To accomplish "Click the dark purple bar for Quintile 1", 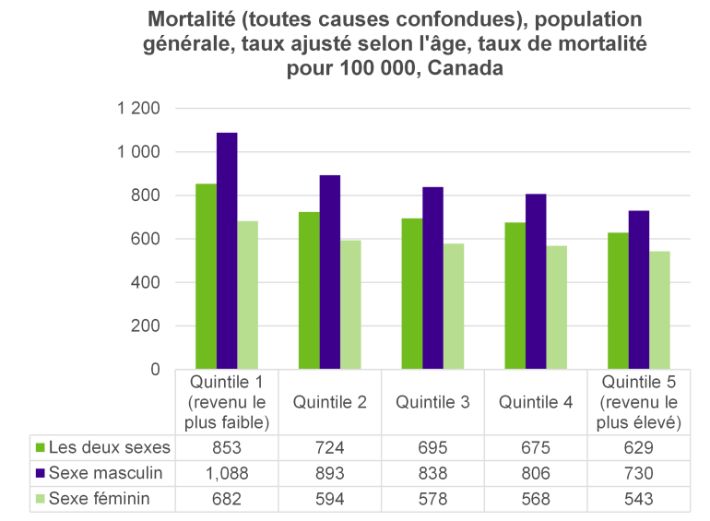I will [x=227, y=251].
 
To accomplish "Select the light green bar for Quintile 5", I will [x=659, y=310].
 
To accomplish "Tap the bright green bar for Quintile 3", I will [x=411, y=293].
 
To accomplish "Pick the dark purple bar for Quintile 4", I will [x=536, y=281].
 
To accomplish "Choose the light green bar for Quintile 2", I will [x=350, y=304].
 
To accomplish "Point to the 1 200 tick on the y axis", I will [x=139, y=109].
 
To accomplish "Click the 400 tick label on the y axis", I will [x=146, y=282].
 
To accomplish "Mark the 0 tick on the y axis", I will [x=155, y=370].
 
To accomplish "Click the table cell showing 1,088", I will [x=227, y=474].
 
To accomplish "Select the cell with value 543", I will [x=639, y=499].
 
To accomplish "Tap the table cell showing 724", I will [x=330, y=448].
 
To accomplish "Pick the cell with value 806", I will [x=536, y=474].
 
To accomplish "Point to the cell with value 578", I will [x=432, y=499].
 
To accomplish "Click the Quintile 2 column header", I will [x=330, y=401].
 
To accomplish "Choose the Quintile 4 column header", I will [x=536, y=401].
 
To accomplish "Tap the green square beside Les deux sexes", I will [x=40, y=448].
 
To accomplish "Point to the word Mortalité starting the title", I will [x=195, y=20].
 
